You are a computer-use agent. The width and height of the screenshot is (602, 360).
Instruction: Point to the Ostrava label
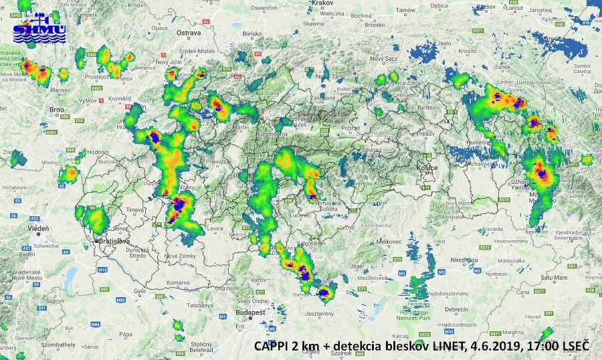[x=189, y=32]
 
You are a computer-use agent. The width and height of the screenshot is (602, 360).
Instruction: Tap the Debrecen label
[x=457, y=309]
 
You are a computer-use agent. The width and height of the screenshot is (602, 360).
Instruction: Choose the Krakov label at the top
[x=322, y=3]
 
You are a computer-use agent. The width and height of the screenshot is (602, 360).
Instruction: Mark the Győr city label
[x=139, y=292]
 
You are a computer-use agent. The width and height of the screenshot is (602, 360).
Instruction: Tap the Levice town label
[x=215, y=229]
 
